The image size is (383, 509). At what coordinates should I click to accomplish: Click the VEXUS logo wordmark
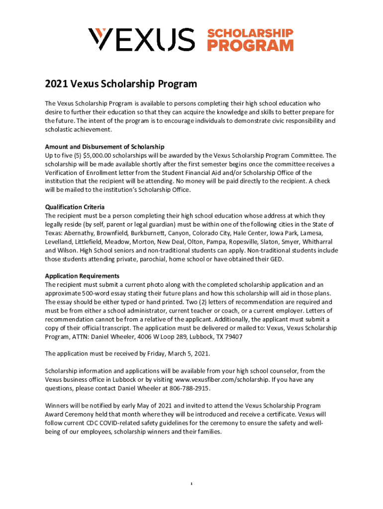[x=141, y=40]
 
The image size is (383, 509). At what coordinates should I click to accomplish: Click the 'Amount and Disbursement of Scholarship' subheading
[x=104, y=147]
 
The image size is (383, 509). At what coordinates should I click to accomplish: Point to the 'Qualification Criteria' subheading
[x=75, y=207]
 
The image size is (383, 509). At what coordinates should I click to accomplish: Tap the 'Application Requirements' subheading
[x=82, y=276]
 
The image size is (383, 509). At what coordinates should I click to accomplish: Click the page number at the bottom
[x=191, y=484]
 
